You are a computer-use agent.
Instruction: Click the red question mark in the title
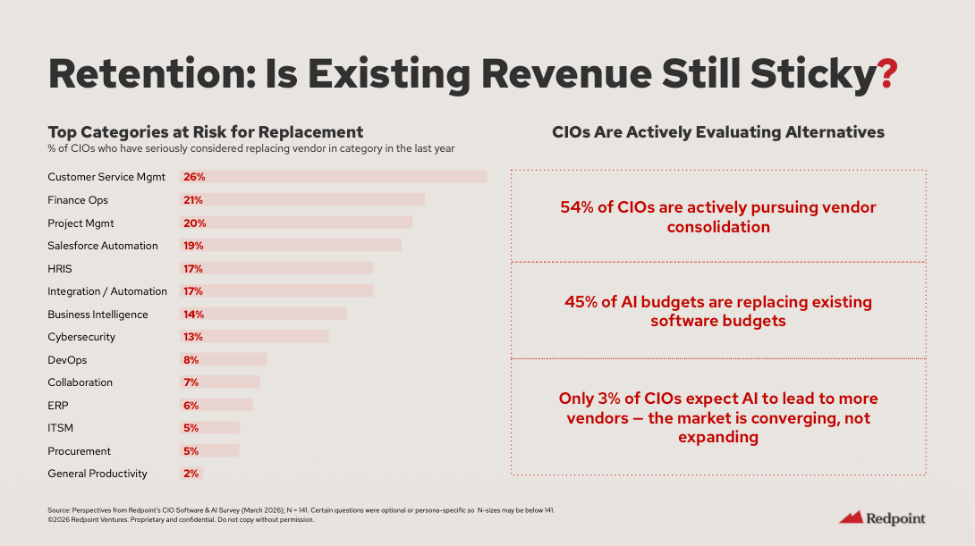pos(886,73)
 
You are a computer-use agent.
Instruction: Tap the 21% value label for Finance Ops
pos(194,200)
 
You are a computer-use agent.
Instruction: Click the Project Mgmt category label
pos(81,223)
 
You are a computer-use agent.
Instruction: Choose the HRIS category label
pos(60,269)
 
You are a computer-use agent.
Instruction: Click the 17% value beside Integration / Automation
pos(193,291)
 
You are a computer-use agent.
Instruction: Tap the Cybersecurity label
pos(81,337)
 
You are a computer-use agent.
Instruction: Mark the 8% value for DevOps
pos(191,360)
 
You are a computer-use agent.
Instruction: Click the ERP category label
pos(58,406)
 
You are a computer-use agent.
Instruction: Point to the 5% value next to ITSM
pos(191,428)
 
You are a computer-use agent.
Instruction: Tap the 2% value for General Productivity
pos(191,474)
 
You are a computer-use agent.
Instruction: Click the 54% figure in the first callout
pos(576,207)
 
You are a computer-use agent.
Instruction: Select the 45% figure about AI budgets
pos(581,302)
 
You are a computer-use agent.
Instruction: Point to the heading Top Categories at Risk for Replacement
pos(205,132)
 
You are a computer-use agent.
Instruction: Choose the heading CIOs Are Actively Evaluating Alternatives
pos(718,132)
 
